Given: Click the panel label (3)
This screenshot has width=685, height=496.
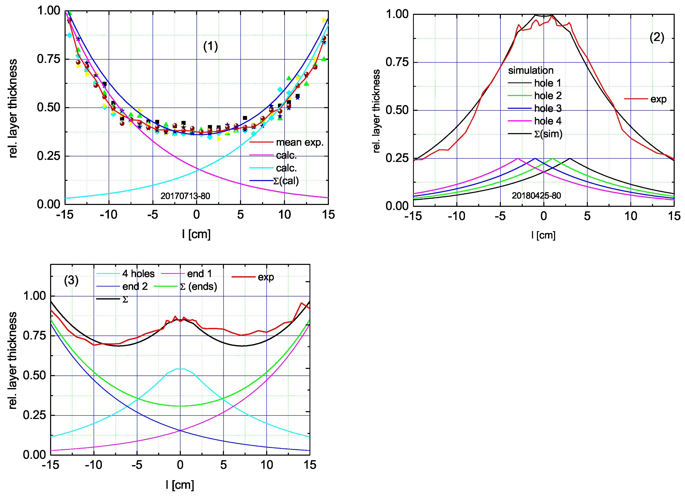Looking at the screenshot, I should (71, 280).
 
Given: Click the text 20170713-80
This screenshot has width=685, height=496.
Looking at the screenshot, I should (185, 196).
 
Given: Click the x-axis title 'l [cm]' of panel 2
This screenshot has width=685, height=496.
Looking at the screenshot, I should (543, 235).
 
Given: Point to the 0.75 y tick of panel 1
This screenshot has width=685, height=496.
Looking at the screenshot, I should (48, 59).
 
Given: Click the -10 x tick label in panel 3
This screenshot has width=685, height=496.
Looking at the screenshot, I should (93, 465).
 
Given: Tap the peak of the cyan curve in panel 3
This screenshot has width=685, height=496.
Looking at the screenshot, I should (180, 369).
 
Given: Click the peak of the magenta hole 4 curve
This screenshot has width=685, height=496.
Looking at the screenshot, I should (518, 158).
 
